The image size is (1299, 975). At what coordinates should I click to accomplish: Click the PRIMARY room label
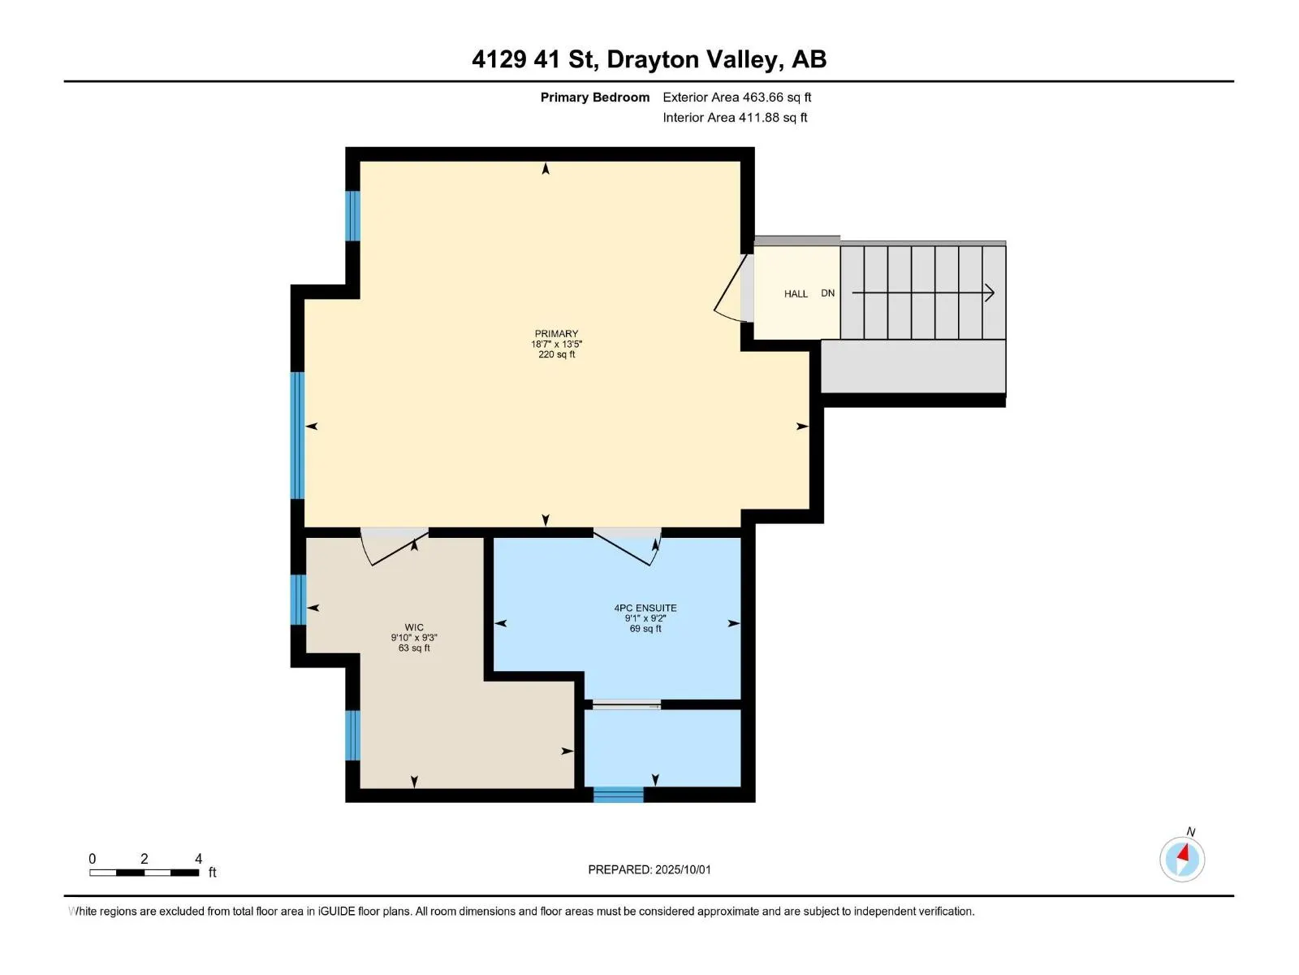[555, 333]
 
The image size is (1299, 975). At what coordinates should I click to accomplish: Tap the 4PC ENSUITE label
[645, 608]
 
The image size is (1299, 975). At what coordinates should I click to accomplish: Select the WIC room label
[414, 627]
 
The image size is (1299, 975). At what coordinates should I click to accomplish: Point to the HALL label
[796, 293]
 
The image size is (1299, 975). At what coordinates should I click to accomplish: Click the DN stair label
[827, 293]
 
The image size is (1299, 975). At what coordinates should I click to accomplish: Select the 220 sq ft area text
[556, 354]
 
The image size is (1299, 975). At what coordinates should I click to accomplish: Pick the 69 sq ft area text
[645, 628]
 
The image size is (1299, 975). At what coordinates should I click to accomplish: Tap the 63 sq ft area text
[414, 648]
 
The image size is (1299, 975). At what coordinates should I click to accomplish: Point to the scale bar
[144, 872]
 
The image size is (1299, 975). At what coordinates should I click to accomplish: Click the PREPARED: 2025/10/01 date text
[649, 869]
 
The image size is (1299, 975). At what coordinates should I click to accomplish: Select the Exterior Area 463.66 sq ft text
[737, 97]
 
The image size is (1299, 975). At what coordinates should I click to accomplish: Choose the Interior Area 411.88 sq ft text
[735, 117]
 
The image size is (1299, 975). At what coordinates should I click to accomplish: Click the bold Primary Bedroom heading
[595, 97]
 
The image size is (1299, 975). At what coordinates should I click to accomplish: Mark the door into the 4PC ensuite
[628, 548]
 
